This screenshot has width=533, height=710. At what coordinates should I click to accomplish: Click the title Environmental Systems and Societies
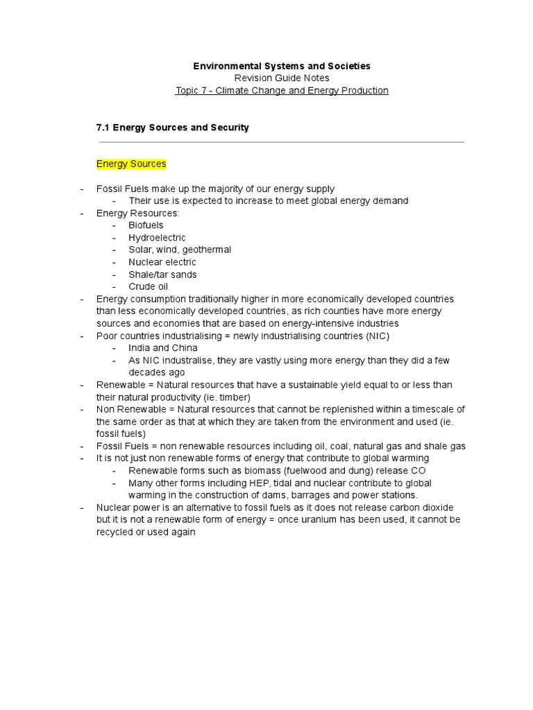click(x=281, y=66)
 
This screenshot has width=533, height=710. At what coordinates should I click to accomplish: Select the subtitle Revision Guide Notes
click(x=281, y=78)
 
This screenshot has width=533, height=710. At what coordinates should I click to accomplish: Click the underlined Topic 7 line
click(x=282, y=91)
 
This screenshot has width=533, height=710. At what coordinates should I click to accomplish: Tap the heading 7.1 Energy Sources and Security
click(x=172, y=128)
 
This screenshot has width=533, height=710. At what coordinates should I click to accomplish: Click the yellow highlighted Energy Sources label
click(x=131, y=164)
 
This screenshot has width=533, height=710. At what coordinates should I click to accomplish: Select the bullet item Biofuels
click(x=146, y=225)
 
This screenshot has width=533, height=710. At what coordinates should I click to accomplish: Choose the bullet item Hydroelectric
click(x=157, y=238)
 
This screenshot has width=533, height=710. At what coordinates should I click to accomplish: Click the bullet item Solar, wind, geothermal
click(x=180, y=250)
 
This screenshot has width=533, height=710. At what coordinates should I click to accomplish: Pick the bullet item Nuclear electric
click(x=162, y=262)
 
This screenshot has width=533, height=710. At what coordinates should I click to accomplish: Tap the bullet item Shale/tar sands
click(x=162, y=275)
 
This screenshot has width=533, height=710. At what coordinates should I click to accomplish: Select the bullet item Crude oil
click(x=148, y=286)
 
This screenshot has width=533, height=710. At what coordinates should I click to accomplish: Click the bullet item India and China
click(x=163, y=348)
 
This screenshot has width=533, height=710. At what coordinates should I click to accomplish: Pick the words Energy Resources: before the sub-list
click(x=137, y=213)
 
